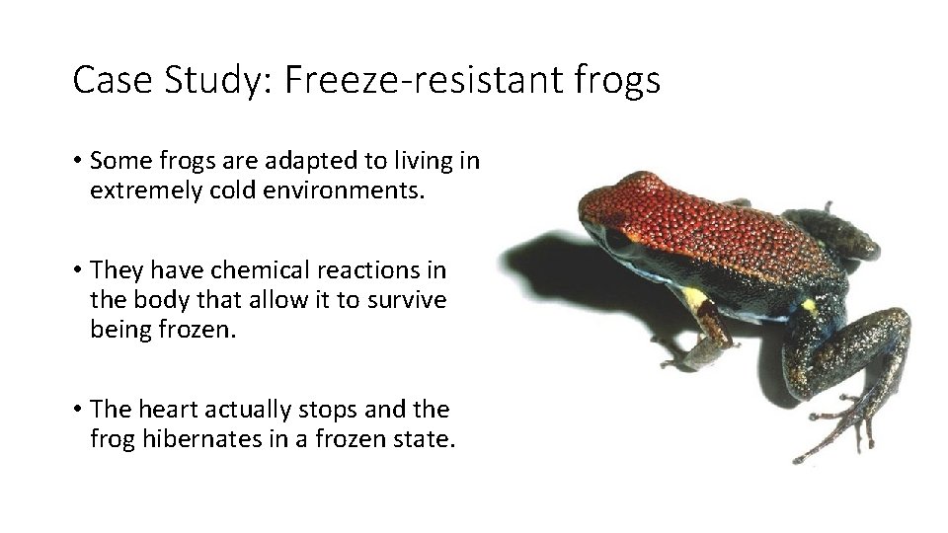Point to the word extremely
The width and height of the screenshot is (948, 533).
(146, 190)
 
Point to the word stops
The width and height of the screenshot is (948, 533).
(331, 408)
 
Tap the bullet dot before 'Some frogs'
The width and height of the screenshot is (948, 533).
(77, 161)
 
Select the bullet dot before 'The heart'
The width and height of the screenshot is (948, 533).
(77, 409)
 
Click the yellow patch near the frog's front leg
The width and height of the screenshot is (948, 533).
(696, 297)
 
